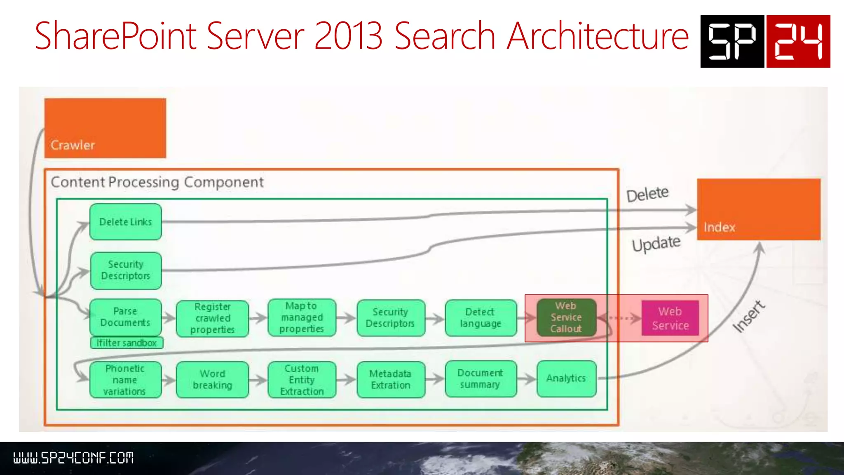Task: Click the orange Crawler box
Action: pos(105,128)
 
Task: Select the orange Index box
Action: pos(758,209)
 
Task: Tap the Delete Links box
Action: pos(125,222)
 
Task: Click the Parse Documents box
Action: pos(125,317)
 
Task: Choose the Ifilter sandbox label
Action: pos(127,343)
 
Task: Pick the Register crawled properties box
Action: pos(212,318)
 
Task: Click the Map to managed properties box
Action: pos(302,317)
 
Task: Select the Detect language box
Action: pos(481,318)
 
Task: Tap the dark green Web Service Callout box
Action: pos(566,317)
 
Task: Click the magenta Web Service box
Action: pos(670,318)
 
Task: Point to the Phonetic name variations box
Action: pos(125,380)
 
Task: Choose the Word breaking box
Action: pos(212,380)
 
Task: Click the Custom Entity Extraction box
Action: pos(302,380)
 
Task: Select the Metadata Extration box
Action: pos(391,380)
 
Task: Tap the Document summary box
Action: pos(481,379)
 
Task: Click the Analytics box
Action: pos(566,379)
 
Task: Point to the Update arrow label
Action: pos(656,243)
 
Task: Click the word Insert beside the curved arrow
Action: pos(748,316)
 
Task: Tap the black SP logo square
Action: pos(732,41)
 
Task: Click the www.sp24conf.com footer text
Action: pos(73,458)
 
